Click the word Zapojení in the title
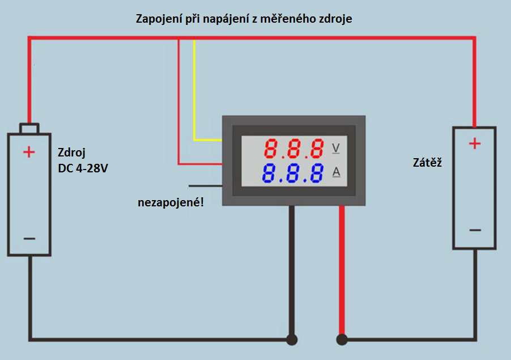pos(159,19)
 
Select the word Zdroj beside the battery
pos(71,153)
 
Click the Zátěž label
pos(427,163)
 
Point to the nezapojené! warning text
pos(171,202)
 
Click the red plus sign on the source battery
pos(29,151)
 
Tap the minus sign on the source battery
pos(29,238)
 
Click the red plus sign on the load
pos(475,143)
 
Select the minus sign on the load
pos(475,230)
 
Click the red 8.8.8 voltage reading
pos(294,150)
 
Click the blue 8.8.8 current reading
pos(294,174)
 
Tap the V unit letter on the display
pos(335,149)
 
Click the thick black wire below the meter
pos(292,266)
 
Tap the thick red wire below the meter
pos(341,266)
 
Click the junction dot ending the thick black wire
pos(292,340)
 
